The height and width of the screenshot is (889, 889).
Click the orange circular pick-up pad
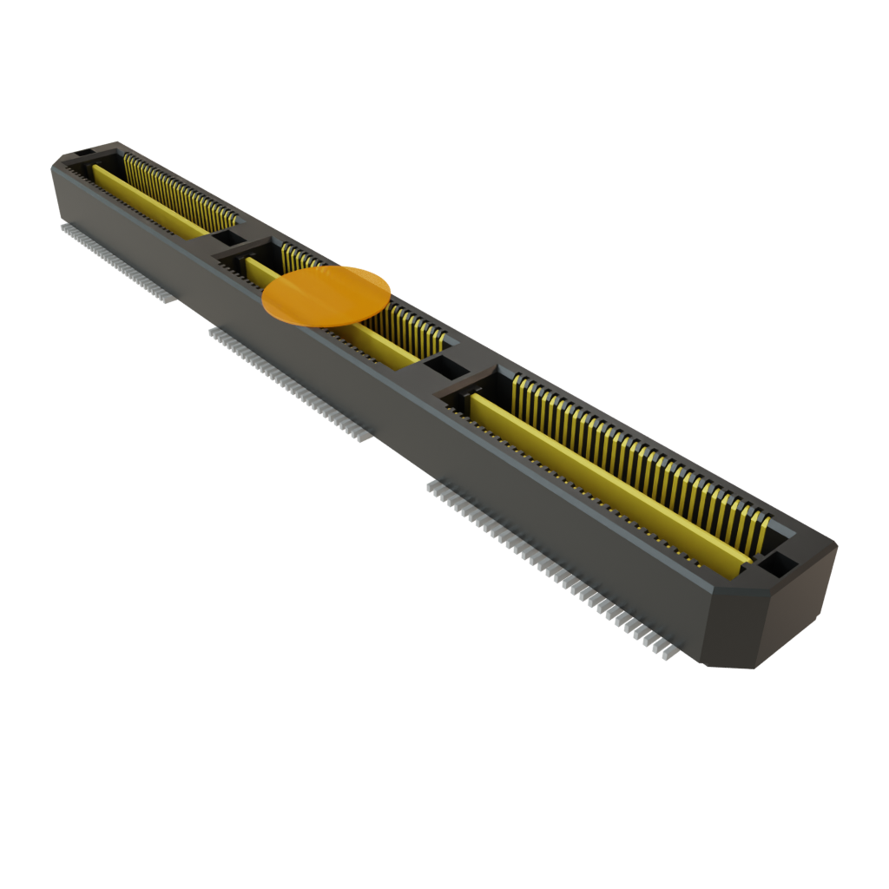click(326, 296)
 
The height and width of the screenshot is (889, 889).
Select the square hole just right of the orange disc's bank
click(444, 368)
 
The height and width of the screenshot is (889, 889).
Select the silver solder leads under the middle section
click(286, 382)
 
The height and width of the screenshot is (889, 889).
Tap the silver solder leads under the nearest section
click(547, 556)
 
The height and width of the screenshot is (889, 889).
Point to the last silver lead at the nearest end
click(667, 654)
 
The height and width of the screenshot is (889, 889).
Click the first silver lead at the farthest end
click(63, 228)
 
